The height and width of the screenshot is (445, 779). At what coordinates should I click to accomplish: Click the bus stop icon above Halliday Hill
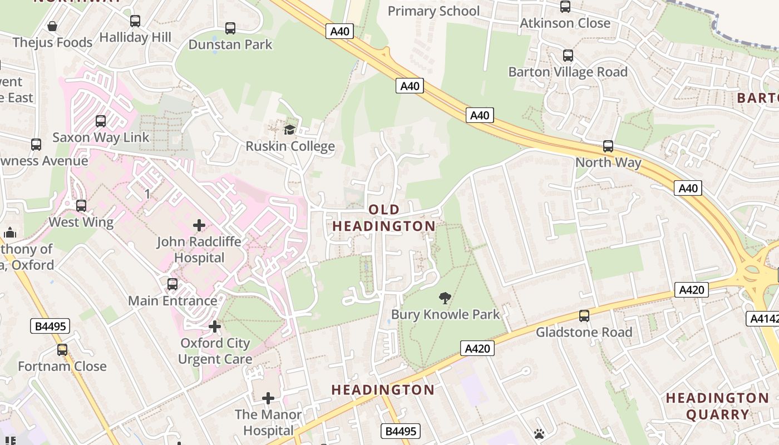[135, 21]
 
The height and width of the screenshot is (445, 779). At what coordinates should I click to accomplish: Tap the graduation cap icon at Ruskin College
[289, 130]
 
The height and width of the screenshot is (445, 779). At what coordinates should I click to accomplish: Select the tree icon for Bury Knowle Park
[445, 298]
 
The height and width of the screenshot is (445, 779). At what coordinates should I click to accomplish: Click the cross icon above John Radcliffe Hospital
[199, 225]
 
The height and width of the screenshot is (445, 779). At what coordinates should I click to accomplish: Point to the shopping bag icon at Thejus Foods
[52, 26]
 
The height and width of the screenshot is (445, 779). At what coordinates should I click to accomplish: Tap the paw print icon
[539, 434]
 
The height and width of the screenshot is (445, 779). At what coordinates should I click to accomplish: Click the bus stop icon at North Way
[608, 146]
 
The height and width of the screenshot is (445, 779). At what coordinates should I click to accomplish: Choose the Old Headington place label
[384, 217]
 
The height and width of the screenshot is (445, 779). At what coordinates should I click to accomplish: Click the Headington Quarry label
[717, 406]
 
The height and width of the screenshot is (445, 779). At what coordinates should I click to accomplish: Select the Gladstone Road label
[584, 332]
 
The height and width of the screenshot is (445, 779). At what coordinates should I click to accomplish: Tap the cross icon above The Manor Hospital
[268, 398]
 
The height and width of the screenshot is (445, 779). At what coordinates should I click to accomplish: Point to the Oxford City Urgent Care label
[215, 351]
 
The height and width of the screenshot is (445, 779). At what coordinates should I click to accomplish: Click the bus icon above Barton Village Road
[568, 56]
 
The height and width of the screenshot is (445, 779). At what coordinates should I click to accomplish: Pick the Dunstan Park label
[230, 44]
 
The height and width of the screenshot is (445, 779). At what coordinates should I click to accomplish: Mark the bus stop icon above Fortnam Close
[62, 350]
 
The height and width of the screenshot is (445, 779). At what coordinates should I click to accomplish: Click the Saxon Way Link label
[101, 137]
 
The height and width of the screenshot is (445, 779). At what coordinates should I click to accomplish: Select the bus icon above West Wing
[81, 206]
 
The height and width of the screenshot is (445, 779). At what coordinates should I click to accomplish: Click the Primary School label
[433, 11]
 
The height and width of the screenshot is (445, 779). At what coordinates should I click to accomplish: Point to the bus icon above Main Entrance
[172, 284]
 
